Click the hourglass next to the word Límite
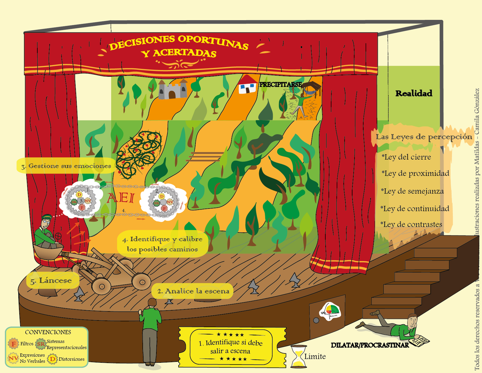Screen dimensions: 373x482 299,357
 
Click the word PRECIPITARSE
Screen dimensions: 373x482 280,85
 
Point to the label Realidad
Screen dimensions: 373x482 414,93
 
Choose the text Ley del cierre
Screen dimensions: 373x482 407,157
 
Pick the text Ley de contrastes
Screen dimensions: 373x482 412,225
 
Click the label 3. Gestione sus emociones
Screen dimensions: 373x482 66,166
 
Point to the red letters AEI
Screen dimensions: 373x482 120,198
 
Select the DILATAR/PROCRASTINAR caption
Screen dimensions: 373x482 370,345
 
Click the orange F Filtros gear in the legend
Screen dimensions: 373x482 13,343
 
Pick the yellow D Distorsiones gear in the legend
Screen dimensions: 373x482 52,359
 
